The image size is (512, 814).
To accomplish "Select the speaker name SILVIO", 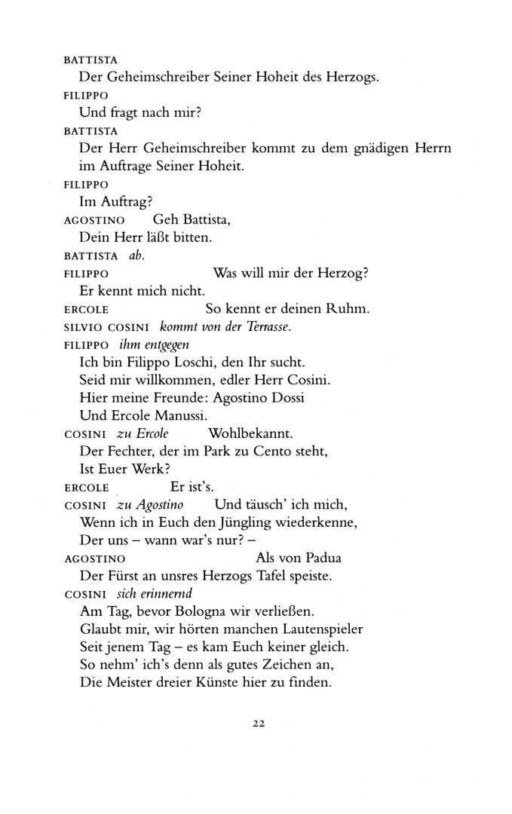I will pyautogui.click(x=81, y=327).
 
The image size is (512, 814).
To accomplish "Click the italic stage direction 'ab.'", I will pyautogui.click(x=136, y=256).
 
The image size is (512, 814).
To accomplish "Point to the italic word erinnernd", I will pyautogui.click(x=157, y=593).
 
